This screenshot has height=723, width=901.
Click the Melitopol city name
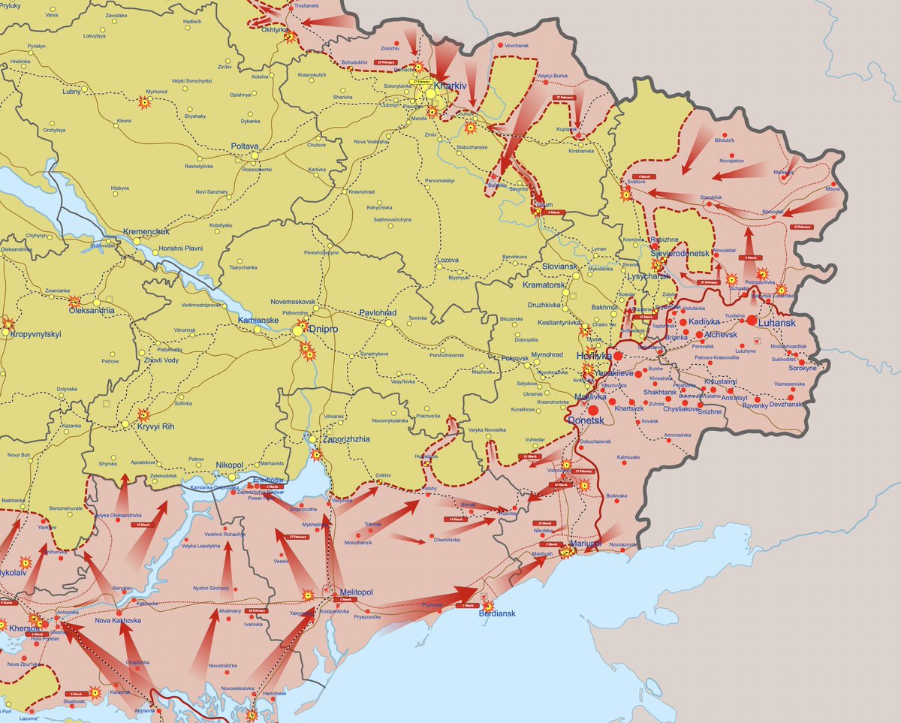pos(356,592)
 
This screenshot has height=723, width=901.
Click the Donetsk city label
pos(586,422)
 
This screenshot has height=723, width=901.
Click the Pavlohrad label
pos(377,312)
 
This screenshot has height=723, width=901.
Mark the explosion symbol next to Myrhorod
pos(144,101)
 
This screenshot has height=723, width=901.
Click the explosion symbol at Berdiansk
pos(489,605)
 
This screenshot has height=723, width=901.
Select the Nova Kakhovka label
pos(119,622)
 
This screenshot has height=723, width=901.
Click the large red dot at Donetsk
pos(594,411)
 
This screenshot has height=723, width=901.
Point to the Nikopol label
pos(229,465)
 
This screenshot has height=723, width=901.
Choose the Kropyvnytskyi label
pos(36,334)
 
